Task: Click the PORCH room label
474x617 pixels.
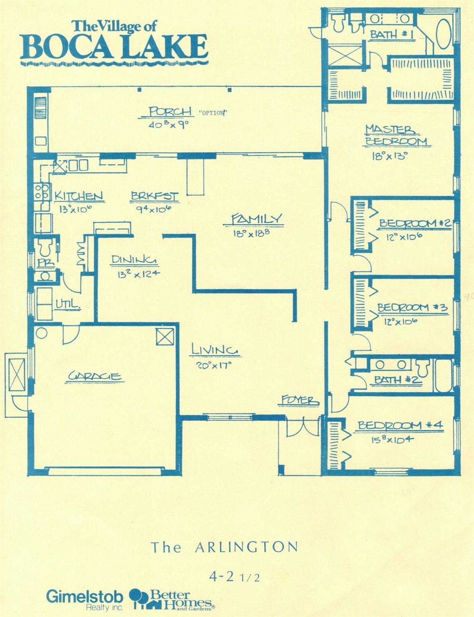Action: coord(170,112)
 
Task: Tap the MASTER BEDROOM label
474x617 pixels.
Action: coord(396,135)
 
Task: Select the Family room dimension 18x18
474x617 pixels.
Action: coord(251,233)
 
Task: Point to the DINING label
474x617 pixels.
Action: coord(134,260)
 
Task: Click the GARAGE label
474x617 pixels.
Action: coord(95,376)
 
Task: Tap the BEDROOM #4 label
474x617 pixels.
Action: coord(400,425)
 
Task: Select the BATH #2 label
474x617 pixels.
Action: coord(398,380)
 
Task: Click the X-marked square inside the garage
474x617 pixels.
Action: coord(165,337)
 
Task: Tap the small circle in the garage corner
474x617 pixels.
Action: coord(41,333)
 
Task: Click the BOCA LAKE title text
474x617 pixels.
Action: coord(114,47)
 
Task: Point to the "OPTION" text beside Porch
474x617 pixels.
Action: coord(213,113)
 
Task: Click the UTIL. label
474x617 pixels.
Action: coord(67,304)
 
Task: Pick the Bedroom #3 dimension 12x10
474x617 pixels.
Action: coord(401,321)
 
